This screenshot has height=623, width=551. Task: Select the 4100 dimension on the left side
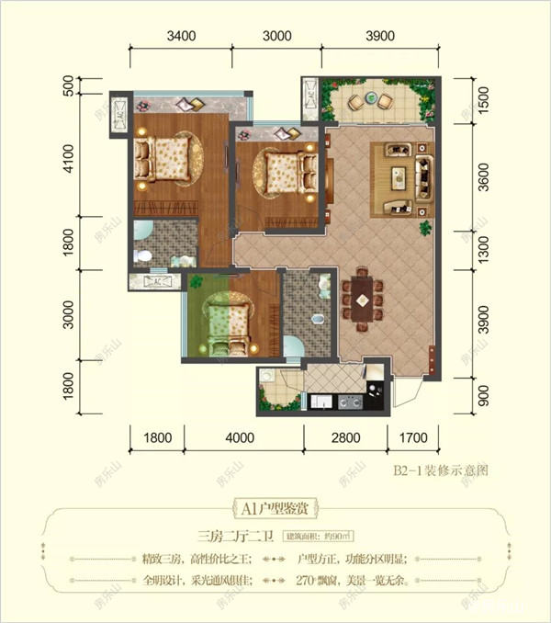coord(68,169)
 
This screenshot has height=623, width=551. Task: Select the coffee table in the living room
coord(400,176)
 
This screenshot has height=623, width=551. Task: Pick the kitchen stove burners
coord(348,402)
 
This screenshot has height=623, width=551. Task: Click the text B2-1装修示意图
coord(439,470)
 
